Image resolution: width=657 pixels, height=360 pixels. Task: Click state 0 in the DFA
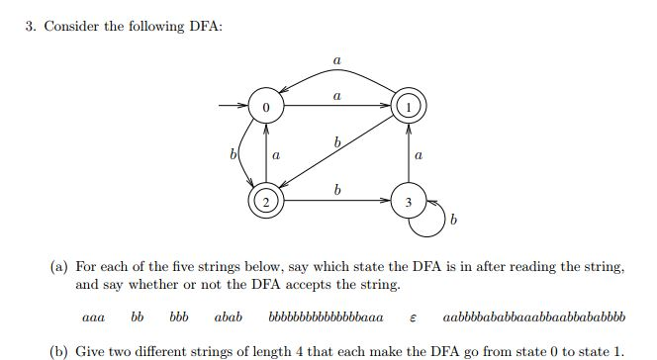tap(265, 104)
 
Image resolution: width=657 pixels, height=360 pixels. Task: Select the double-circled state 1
tap(409, 104)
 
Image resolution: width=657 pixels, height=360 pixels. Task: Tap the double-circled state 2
tap(265, 201)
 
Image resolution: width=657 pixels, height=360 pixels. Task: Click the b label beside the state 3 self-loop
tap(453, 221)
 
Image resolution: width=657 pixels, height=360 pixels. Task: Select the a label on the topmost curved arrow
tap(337, 61)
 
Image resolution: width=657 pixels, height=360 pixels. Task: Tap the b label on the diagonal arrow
tap(338, 144)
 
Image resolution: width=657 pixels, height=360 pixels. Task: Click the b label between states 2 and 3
tap(338, 188)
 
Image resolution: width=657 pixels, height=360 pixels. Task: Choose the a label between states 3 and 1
tap(419, 154)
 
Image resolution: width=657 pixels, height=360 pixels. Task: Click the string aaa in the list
tap(95, 318)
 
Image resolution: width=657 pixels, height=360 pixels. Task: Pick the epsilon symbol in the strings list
tap(412, 319)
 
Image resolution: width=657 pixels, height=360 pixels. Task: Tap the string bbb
tap(179, 318)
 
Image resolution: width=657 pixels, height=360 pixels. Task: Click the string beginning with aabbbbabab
tap(534, 318)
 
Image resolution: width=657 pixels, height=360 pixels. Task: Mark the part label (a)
tap(59, 267)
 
